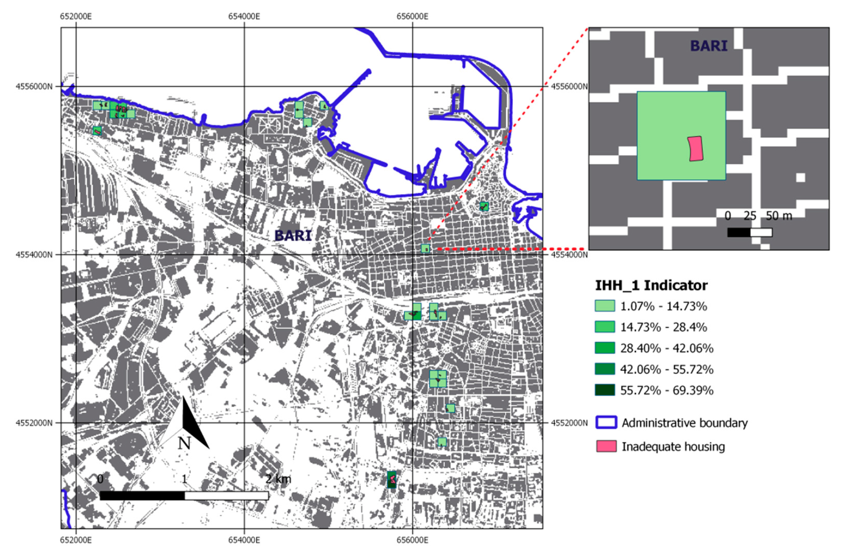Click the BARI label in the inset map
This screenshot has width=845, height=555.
click(x=708, y=46)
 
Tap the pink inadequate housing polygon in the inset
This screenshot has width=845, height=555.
click(x=695, y=149)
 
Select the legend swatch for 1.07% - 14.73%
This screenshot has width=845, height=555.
click(x=605, y=306)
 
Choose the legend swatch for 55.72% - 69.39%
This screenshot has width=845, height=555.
click(x=605, y=390)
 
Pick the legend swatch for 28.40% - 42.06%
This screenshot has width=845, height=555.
click(x=605, y=348)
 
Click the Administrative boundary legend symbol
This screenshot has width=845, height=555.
click(x=606, y=422)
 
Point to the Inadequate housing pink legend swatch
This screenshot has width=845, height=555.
click(x=606, y=446)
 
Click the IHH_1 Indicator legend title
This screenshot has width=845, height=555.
click(x=651, y=285)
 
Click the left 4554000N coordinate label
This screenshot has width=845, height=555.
click(x=34, y=255)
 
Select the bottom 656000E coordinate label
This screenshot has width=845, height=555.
click(x=412, y=540)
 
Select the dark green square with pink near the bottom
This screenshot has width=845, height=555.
click(x=392, y=480)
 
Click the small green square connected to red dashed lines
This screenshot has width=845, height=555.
click(x=425, y=249)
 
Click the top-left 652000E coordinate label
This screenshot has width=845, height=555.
click(x=76, y=16)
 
